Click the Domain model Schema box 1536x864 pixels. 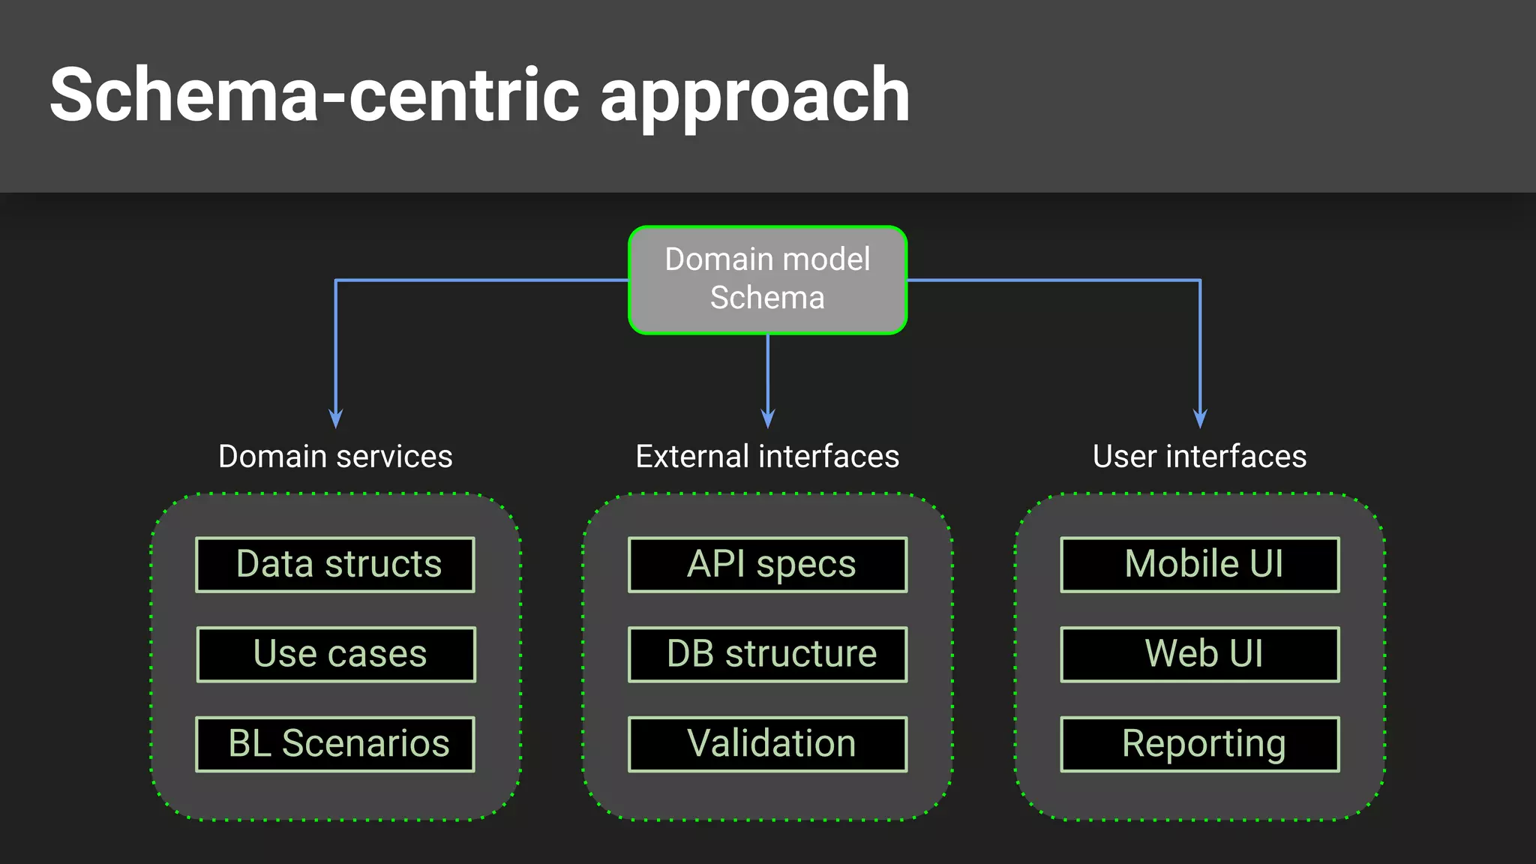pyautogui.click(x=767, y=279)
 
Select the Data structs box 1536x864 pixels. pyautogui.click(x=335, y=564)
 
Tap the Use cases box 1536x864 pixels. pyautogui.click(x=336, y=654)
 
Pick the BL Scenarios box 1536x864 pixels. pyautogui.click(x=335, y=744)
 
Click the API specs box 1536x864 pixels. pyautogui.click(x=768, y=564)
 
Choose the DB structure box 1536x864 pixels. pyautogui.click(x=768, y=654)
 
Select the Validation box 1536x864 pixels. pyautogui.click(x=768, y=744)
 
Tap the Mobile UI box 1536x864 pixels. pyautogui.click(x=1200, y=564)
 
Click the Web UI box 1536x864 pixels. pyautogui.click(x=1200, y=654)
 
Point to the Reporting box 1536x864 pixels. pyautogui.click(x=1200, y=744)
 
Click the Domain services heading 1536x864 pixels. pyautogui.click(x=335, y=456)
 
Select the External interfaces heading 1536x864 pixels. pyautogui.click(x=767, y=456)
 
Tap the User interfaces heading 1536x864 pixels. pyautogui.click(x=1199, y=456)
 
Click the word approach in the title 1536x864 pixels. pyautogui.click(x=754, y=97)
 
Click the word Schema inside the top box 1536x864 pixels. pyautogui.click(x=767, y=298)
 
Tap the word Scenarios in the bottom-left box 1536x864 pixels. pyautogui.click(x=365, y=744)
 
